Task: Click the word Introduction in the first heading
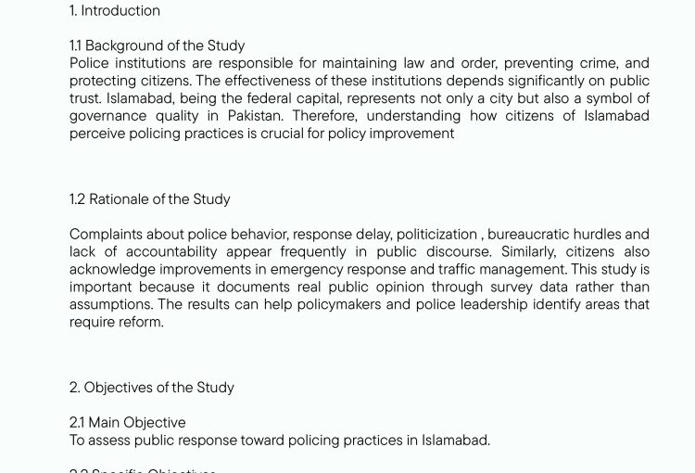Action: [120, 11]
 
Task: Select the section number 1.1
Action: [75, 45]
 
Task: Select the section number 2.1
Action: [76, 423]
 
